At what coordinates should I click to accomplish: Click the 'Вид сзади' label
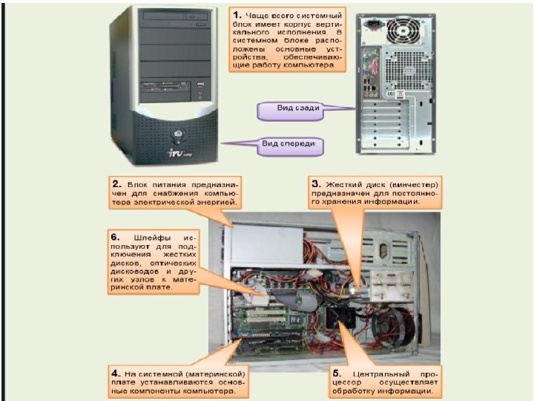pyautogui.click(x=298, y=109)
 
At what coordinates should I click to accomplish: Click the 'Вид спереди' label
pyautogui.click(x=289, y=144)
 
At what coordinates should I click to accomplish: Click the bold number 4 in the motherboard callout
pyautogui.click(x=116, y=369)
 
